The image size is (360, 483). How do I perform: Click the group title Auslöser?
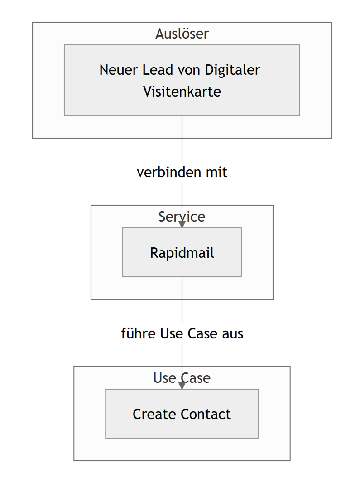click(x=182, y=34)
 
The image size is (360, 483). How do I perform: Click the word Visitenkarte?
click(x=182, y=92)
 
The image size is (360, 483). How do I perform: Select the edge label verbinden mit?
click(x=182, y=172)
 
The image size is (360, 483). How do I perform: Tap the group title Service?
click(x=182, y=217)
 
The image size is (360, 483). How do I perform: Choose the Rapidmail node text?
click(x=182, y=252)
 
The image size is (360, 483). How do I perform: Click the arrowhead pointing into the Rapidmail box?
click(x=182, y=224)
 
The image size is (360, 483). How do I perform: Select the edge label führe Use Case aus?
click(x=182, y=333)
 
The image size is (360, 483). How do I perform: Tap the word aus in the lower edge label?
click(x=232, y=333)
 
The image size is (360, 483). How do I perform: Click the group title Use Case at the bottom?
click(x=182, y=378)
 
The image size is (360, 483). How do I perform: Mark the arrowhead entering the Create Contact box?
click(x=182, y=385)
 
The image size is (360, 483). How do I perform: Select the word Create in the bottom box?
click(x=155, y=414)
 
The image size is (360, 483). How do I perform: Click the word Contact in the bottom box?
click(x=206, y=414)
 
